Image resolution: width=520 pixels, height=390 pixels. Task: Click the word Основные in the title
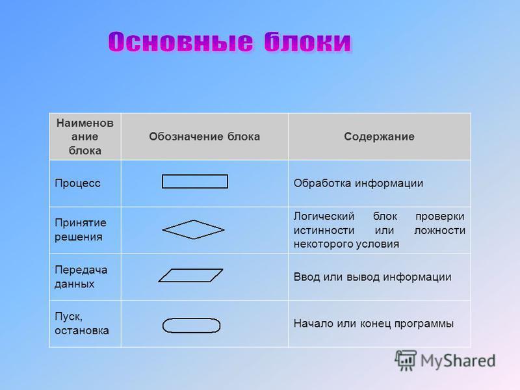click(x=181, y=42)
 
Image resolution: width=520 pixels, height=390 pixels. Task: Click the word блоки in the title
click(x=307, y=42)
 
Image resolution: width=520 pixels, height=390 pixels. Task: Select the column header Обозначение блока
click(x=204, y=136)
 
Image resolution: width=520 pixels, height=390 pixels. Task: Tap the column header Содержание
click(x=379, y=136)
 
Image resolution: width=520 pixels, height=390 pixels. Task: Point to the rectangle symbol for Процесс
click(x=195, y=175)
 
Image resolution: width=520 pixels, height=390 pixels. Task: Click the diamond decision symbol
click(x=193, y=220)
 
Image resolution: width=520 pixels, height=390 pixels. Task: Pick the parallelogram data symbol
click(x=190, y=269)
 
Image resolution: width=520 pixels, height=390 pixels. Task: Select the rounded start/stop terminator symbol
click(x=191, y=318)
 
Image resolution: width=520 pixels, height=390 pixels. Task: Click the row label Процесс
click(x=77, y=183)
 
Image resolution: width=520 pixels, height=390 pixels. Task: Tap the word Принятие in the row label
click(x=80, y=223)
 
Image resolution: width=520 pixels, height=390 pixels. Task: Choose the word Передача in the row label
click(x=81, y=270)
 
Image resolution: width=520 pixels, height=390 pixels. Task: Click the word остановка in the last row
click(x=82, y=331)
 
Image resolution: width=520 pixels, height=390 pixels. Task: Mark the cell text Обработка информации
click(x=358, y=183)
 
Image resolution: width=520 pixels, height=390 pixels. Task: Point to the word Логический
click(x=324, y=216)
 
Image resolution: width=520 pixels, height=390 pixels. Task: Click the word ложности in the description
click(x=440, y=230)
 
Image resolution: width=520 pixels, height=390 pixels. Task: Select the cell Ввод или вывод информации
click(x=372, y=277)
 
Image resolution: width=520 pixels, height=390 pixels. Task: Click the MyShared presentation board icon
click(x=405, y=360)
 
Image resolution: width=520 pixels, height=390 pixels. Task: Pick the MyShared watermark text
click(x=458, y=361)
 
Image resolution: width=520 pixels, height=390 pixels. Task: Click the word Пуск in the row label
click(x=68, y=317)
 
